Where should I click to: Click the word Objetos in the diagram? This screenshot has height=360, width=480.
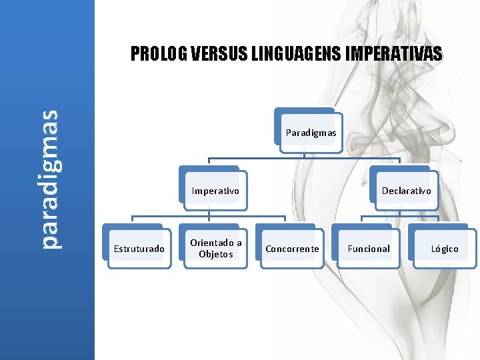click(x=215, y=254)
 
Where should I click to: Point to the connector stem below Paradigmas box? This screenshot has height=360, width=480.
click(x=304, y=153)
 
